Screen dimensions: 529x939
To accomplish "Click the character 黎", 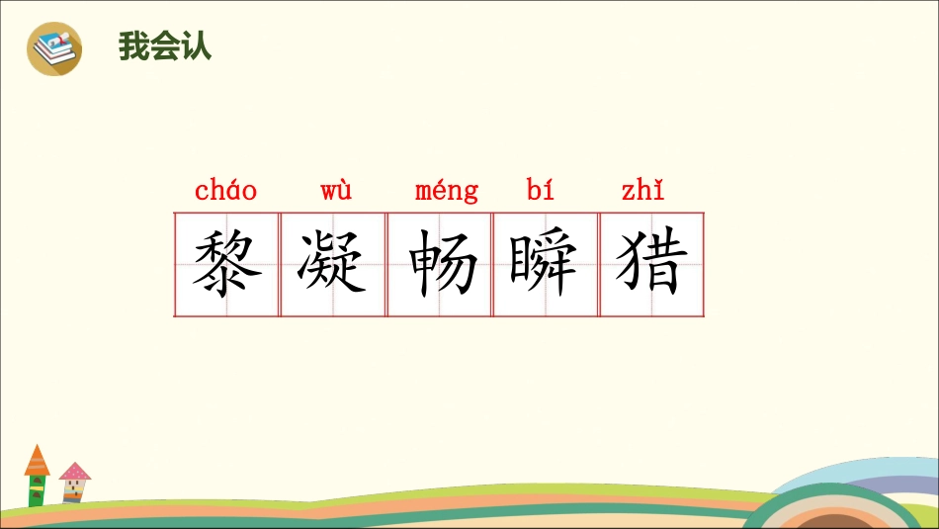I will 226,264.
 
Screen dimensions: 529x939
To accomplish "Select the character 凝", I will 333,264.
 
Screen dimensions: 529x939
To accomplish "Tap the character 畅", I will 440,264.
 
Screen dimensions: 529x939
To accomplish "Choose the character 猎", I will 651,264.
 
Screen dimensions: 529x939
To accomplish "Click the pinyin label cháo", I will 226,190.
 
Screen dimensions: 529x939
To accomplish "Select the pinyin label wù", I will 336,190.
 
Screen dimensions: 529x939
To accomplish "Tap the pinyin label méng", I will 447,191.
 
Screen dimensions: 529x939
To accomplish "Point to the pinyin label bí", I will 541,190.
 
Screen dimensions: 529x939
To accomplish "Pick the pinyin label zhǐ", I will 642,190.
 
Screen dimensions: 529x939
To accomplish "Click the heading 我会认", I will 165,46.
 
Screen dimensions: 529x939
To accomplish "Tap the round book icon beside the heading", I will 54,47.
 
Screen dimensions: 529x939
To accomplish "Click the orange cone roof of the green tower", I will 37,461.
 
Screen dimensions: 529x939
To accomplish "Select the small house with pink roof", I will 74,484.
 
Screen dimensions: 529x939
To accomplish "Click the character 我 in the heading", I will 133,46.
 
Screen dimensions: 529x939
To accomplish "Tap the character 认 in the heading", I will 197,46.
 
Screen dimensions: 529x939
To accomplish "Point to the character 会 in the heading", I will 165,46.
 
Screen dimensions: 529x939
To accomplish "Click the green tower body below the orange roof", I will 37,490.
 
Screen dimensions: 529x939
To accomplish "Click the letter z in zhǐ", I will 628,192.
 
